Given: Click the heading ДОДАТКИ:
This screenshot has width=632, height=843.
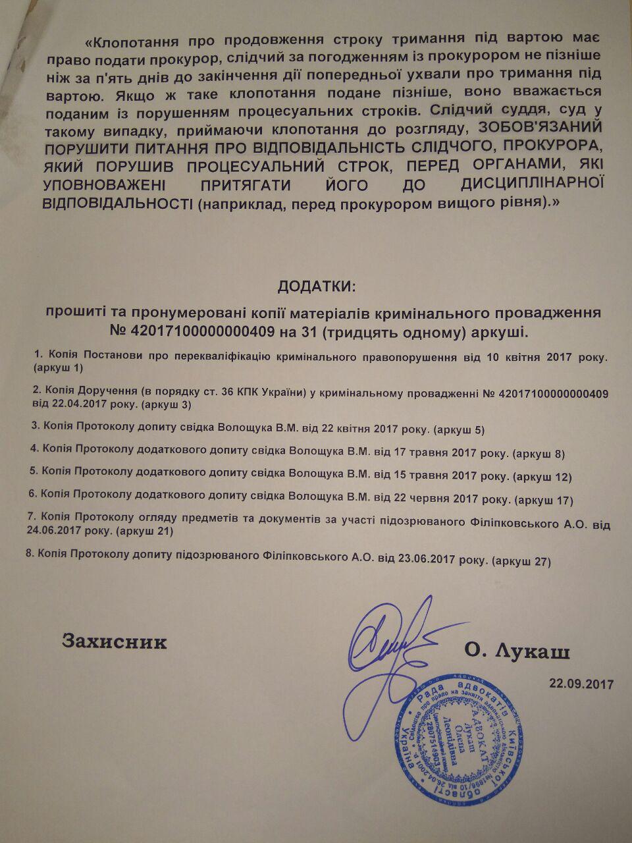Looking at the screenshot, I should [315, 287].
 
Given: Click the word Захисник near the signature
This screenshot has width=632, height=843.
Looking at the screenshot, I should [115, 641].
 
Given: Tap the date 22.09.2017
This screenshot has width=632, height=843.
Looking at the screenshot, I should [581, 684].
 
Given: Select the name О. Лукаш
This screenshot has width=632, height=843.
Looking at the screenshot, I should [517, 651].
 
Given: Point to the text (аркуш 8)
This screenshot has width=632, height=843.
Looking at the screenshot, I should [538, 454].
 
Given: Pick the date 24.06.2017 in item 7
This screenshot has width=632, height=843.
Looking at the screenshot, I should [58, 530].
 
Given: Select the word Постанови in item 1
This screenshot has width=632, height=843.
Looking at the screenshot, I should [112, 357].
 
